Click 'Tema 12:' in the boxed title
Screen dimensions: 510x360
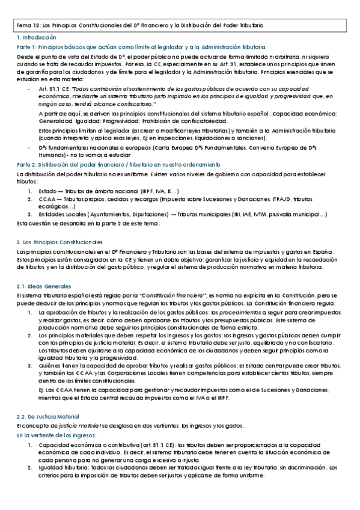pos(26,26)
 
